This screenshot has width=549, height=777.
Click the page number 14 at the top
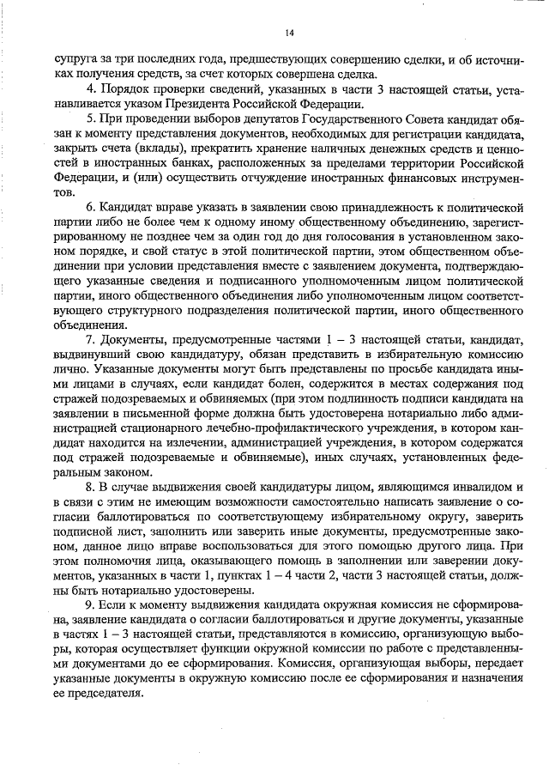(289, 32)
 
